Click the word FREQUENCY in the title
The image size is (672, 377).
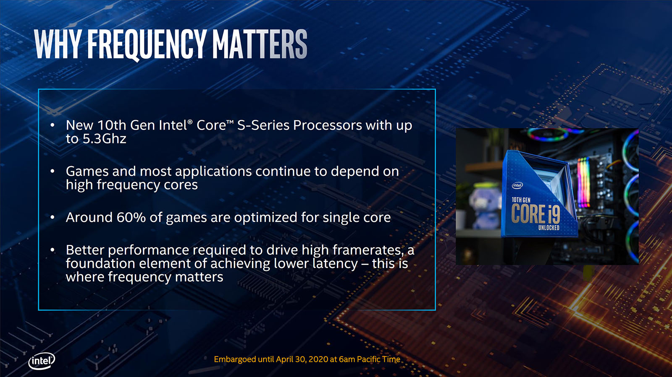pyautogui.click(x=147, y=44)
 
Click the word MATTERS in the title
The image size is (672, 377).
pyautogui.click(x=260, y=44)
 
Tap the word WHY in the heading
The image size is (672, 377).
pyautogui.click(x=58, y=44)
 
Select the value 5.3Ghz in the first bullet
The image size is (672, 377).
pyautogui.click(x=104, y=139)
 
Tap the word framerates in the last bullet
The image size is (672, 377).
pyautogui.click(x=367, y=250)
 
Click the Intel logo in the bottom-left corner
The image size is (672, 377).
pyautogui.click(x=42, y=361)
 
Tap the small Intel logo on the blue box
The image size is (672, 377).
pyautogui.click(x=517, y=185)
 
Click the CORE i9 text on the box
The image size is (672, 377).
pyautogui.click(x=535, y=214)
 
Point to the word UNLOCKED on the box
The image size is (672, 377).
pyautogui.click(x=549, y=228)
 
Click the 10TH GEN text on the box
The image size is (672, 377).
pyautogui.click(x=521, y=200)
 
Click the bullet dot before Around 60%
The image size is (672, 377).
pyautogui.click(x=52, y=217)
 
